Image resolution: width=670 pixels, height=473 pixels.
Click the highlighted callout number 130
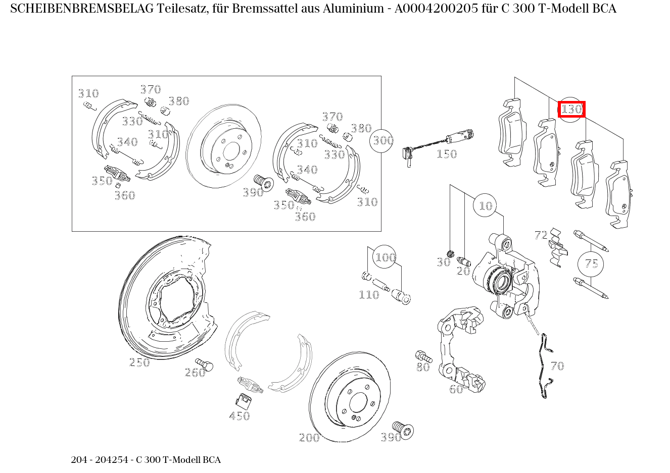[x=571, y=109]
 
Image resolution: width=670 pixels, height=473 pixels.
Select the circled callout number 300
[x=382, y=140]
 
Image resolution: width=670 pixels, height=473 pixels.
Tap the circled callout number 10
[x=485, y=205]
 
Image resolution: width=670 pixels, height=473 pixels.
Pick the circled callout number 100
[x=385, y=257]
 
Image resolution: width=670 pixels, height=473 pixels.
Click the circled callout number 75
[x=591, y=264]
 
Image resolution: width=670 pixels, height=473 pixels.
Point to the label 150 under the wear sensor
[x=446, y=154]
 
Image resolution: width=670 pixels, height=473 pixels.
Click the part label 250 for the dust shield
[x=139, y=362]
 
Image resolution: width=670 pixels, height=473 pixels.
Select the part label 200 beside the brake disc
[x=309, y=438]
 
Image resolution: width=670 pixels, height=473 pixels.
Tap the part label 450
[x=240, y=416]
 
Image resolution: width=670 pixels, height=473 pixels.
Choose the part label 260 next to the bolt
[x=195, y=373]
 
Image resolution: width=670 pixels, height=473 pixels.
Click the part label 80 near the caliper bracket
[x=423, y=367]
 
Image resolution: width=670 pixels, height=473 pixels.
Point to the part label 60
[x=456, y=389]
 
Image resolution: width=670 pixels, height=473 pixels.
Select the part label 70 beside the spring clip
[x=557, y=366]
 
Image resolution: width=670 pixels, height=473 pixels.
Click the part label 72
[x=541, y=235]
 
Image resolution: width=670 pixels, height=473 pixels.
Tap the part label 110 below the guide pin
[x=368, y=295]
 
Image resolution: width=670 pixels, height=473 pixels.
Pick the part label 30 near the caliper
[x=443, y=262]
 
